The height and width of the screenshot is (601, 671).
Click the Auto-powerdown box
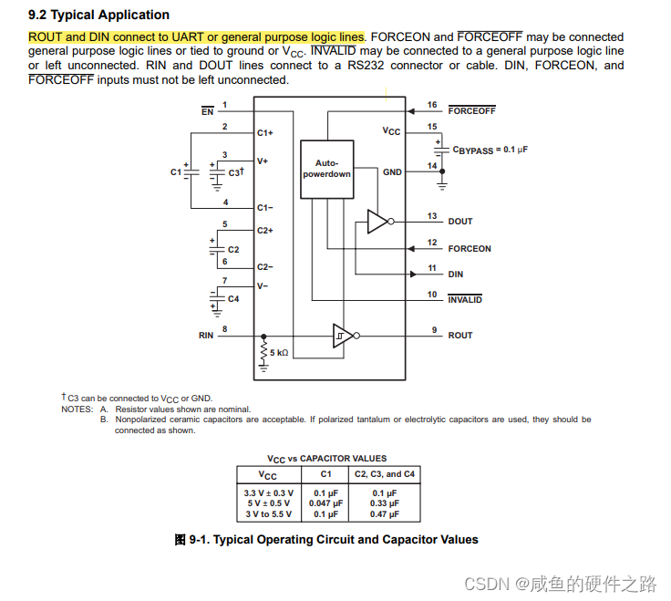(326, 168)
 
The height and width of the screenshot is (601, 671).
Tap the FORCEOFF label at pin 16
(471, 111)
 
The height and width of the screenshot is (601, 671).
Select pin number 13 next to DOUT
(432, 216)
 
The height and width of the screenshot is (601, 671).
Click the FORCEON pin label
(469, 248)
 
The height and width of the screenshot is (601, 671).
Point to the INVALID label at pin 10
(465, 300)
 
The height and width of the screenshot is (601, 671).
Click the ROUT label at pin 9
(460, 336)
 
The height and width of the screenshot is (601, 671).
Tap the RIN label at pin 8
(206, 336)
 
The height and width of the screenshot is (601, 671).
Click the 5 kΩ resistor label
(278, 352)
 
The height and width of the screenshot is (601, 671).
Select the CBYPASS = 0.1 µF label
(490, 149)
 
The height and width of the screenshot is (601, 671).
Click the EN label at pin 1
(207, 111)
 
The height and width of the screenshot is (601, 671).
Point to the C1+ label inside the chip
(264, 133)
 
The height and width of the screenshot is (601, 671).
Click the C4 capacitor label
(233, 299)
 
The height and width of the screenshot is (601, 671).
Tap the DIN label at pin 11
(456, 274)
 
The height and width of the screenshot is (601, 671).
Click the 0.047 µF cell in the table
(325, 503)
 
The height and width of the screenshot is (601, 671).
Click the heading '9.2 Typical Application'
(98, 15)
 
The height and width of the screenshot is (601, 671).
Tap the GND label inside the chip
(392, 172)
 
